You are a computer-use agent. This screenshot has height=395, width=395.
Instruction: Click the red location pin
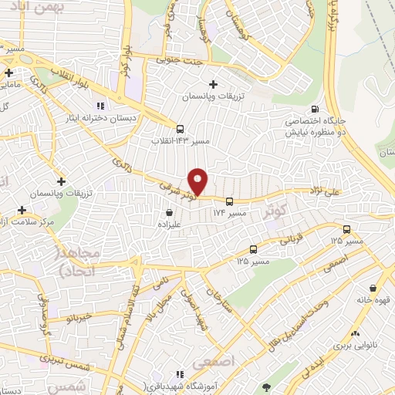click(x=198, y=181)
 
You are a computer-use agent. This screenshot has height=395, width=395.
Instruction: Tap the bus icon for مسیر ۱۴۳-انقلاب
click(x=180, y=130)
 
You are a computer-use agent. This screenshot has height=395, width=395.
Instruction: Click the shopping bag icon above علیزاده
click(x=170, y=211)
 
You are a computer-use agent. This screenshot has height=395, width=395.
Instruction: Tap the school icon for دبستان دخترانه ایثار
click(x=99, y=106)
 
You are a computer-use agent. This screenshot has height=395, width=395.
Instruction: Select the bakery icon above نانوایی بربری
click(x=355, y=333)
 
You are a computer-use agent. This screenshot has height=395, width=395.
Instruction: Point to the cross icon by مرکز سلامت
click(x=22, y=210)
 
